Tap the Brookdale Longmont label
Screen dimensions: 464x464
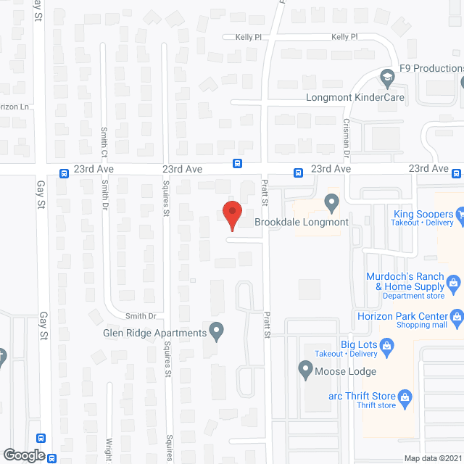point(302,223)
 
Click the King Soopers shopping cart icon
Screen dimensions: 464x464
point(460,214)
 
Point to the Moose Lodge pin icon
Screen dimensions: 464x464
point(305,369)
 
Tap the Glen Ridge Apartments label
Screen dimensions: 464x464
point(155,333)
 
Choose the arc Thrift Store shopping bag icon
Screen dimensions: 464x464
point(405,396)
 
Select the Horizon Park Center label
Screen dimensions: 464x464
point(399,316)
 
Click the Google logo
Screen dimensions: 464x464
point(24,455)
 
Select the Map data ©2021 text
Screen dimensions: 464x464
point(432,458)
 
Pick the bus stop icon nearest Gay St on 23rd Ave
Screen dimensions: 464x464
point(64,173)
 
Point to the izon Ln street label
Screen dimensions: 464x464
point(14,107)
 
